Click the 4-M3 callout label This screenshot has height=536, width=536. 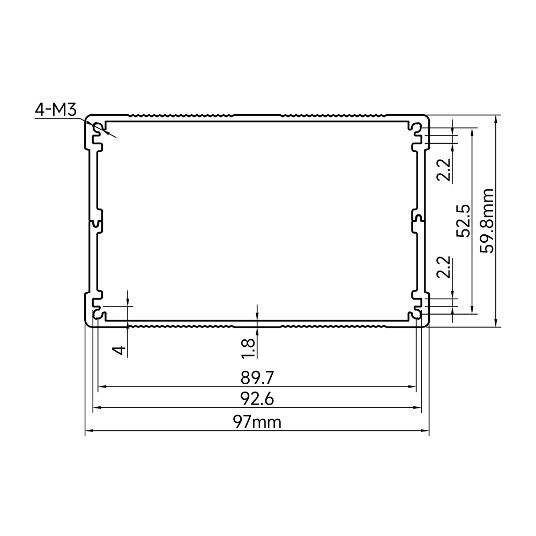point(56,110)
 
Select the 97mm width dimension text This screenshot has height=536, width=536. point(257,422)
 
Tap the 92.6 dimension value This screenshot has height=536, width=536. point(257,399)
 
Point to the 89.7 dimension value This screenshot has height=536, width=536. point(257,378)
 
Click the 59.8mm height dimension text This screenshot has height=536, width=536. point(487,221)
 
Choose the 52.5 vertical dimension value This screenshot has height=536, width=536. point(464,221)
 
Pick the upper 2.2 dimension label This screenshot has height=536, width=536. point(444,170)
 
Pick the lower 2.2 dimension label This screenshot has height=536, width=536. point(444,267)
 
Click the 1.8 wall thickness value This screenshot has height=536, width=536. point(249,349)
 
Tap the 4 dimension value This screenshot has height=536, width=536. point(120,350)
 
